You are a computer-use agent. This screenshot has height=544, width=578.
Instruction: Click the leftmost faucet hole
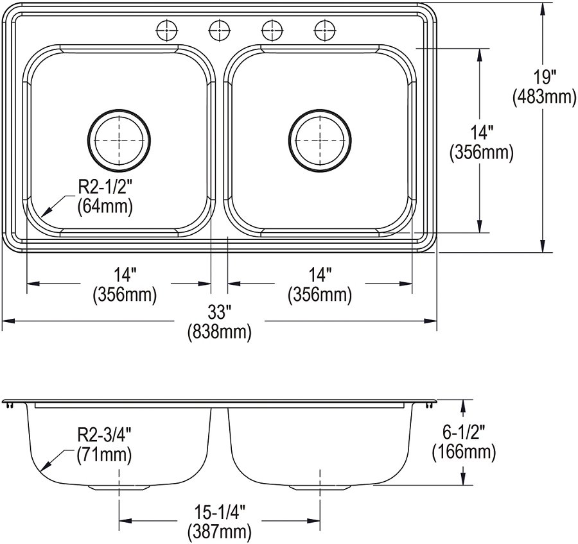tap(167, 31)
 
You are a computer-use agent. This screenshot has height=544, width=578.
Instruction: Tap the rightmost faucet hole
tap(325, 31)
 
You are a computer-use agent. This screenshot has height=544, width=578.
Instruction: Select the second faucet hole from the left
tap(220, 31)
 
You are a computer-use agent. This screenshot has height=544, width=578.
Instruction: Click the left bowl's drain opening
tap(119, 140)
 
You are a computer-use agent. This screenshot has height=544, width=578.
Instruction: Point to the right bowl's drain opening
tap(320, 140)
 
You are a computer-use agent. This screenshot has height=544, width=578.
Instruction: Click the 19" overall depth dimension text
tap(545, 78)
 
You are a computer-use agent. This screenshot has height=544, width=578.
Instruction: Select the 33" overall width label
tap(219, 313)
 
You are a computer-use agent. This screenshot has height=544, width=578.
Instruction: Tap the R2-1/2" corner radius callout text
tap(104, 188)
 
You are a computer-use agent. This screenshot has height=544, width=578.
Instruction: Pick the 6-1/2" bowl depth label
tap(464, 432)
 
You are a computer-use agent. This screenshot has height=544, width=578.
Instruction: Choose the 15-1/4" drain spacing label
tap(220, 513)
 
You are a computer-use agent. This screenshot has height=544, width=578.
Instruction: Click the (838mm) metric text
tap(220, 332)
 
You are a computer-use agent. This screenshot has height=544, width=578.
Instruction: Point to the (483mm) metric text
tap(545, 97)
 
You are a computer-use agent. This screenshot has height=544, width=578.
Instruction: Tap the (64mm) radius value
tap(105, 207)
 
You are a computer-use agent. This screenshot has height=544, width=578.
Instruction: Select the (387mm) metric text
tap(220, 531)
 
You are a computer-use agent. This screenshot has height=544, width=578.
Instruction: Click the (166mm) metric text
tap(464, 452)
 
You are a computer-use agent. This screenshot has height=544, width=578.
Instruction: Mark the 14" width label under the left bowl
tap(125, 275)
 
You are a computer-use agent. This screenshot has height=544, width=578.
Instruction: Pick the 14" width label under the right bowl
tap(320, 275)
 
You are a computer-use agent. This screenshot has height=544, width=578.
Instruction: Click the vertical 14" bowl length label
tap(481, 133)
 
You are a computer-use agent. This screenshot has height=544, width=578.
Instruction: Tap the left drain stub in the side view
tap(119, 488)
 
